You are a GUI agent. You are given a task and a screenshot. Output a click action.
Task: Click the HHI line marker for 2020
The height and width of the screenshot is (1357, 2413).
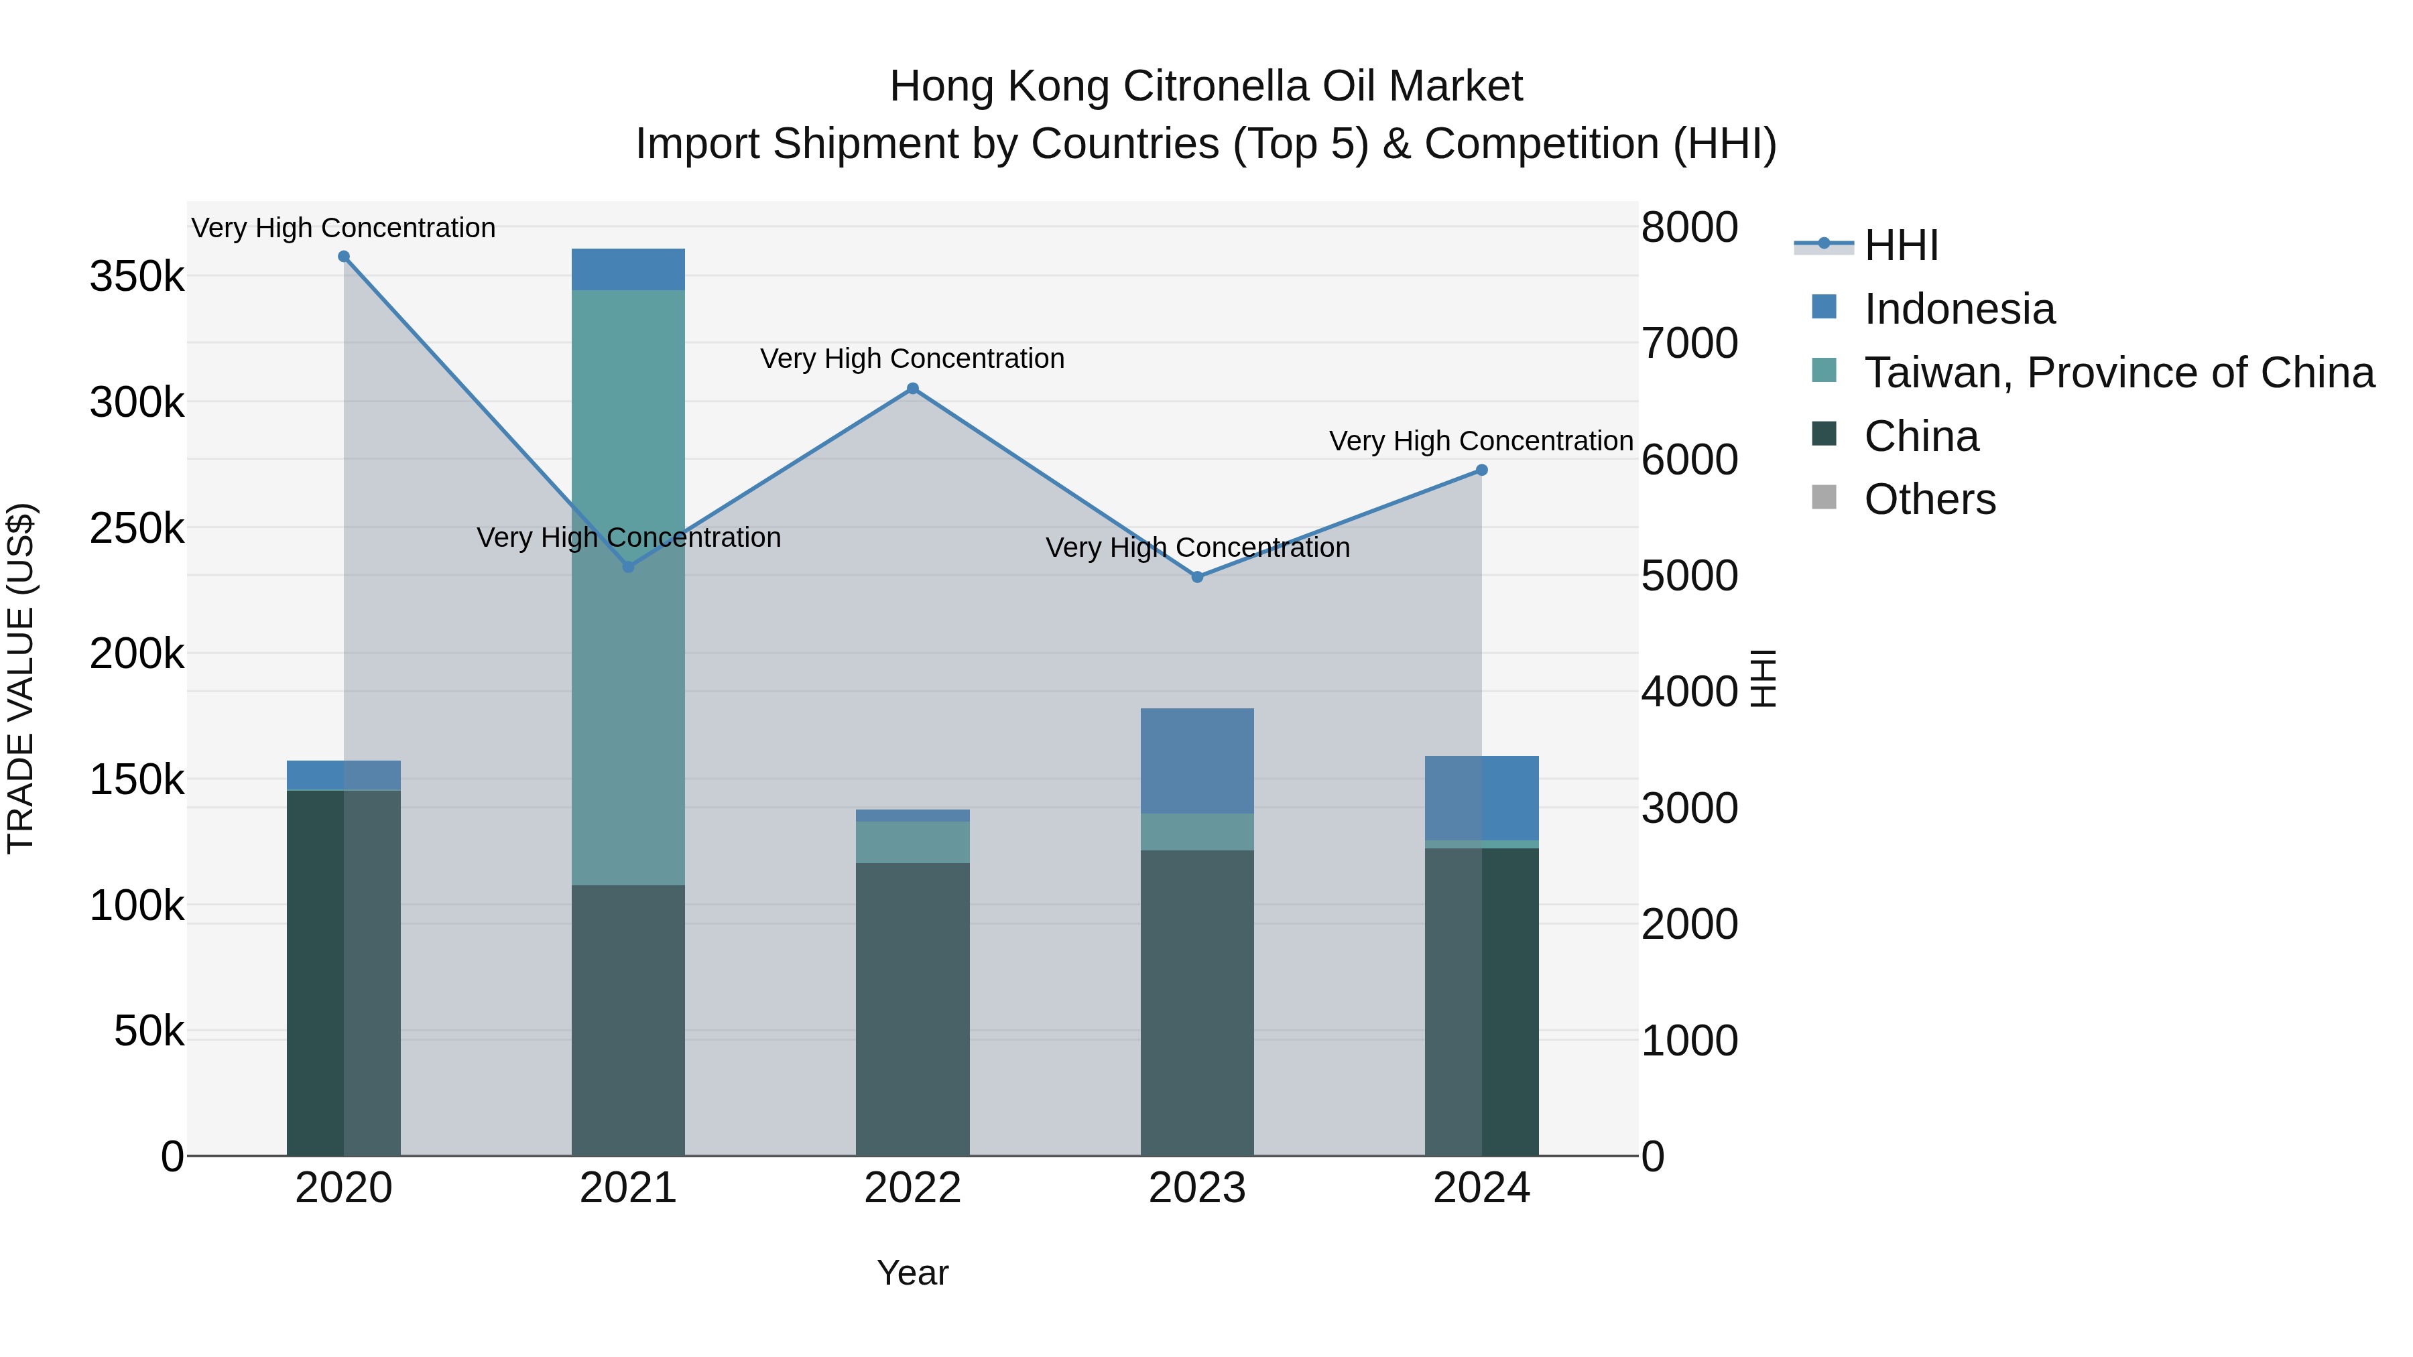click(344, 257)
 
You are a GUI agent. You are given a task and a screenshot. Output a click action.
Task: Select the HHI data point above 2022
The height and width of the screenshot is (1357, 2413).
click(912, 389)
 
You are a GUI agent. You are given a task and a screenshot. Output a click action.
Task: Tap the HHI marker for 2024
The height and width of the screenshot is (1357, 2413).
click(1481, 470)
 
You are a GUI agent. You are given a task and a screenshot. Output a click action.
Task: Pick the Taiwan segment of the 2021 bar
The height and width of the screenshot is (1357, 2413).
click(627, 587)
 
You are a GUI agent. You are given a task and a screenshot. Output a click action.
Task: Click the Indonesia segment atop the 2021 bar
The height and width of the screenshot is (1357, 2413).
click(627, 269)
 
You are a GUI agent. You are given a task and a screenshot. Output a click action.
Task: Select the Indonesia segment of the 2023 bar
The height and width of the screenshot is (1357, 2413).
click(1196, 761)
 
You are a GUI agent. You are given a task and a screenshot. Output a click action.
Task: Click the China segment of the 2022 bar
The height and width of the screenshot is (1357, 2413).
click(912, 1009)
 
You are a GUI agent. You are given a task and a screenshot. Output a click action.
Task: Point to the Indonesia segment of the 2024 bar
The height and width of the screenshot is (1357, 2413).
click(1481, 798)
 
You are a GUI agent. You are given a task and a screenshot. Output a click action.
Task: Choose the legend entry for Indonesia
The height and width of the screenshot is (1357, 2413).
click(1959, 309)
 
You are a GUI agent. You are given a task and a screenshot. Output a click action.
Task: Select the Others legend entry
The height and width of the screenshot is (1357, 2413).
click(1930, 499)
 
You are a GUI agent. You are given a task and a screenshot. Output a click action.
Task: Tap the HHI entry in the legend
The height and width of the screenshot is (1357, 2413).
click(1901, 245)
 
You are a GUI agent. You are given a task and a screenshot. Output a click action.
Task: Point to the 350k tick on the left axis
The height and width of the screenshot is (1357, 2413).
click(137, 277)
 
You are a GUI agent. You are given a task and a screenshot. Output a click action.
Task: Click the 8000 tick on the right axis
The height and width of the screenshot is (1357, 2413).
click(1689, 228)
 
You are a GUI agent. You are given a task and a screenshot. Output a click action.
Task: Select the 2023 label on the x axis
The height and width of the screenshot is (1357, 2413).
click(1196, 1188)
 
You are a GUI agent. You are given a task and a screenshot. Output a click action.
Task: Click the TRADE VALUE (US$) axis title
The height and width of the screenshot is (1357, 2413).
click(21, 678)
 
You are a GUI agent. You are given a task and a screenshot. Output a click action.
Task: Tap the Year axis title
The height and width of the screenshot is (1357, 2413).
click(912, 1273)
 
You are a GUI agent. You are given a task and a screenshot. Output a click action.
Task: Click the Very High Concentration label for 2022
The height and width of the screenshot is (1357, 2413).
click(912, 359)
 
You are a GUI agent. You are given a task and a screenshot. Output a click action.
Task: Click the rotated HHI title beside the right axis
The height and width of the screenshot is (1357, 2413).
click(1763, 678)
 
